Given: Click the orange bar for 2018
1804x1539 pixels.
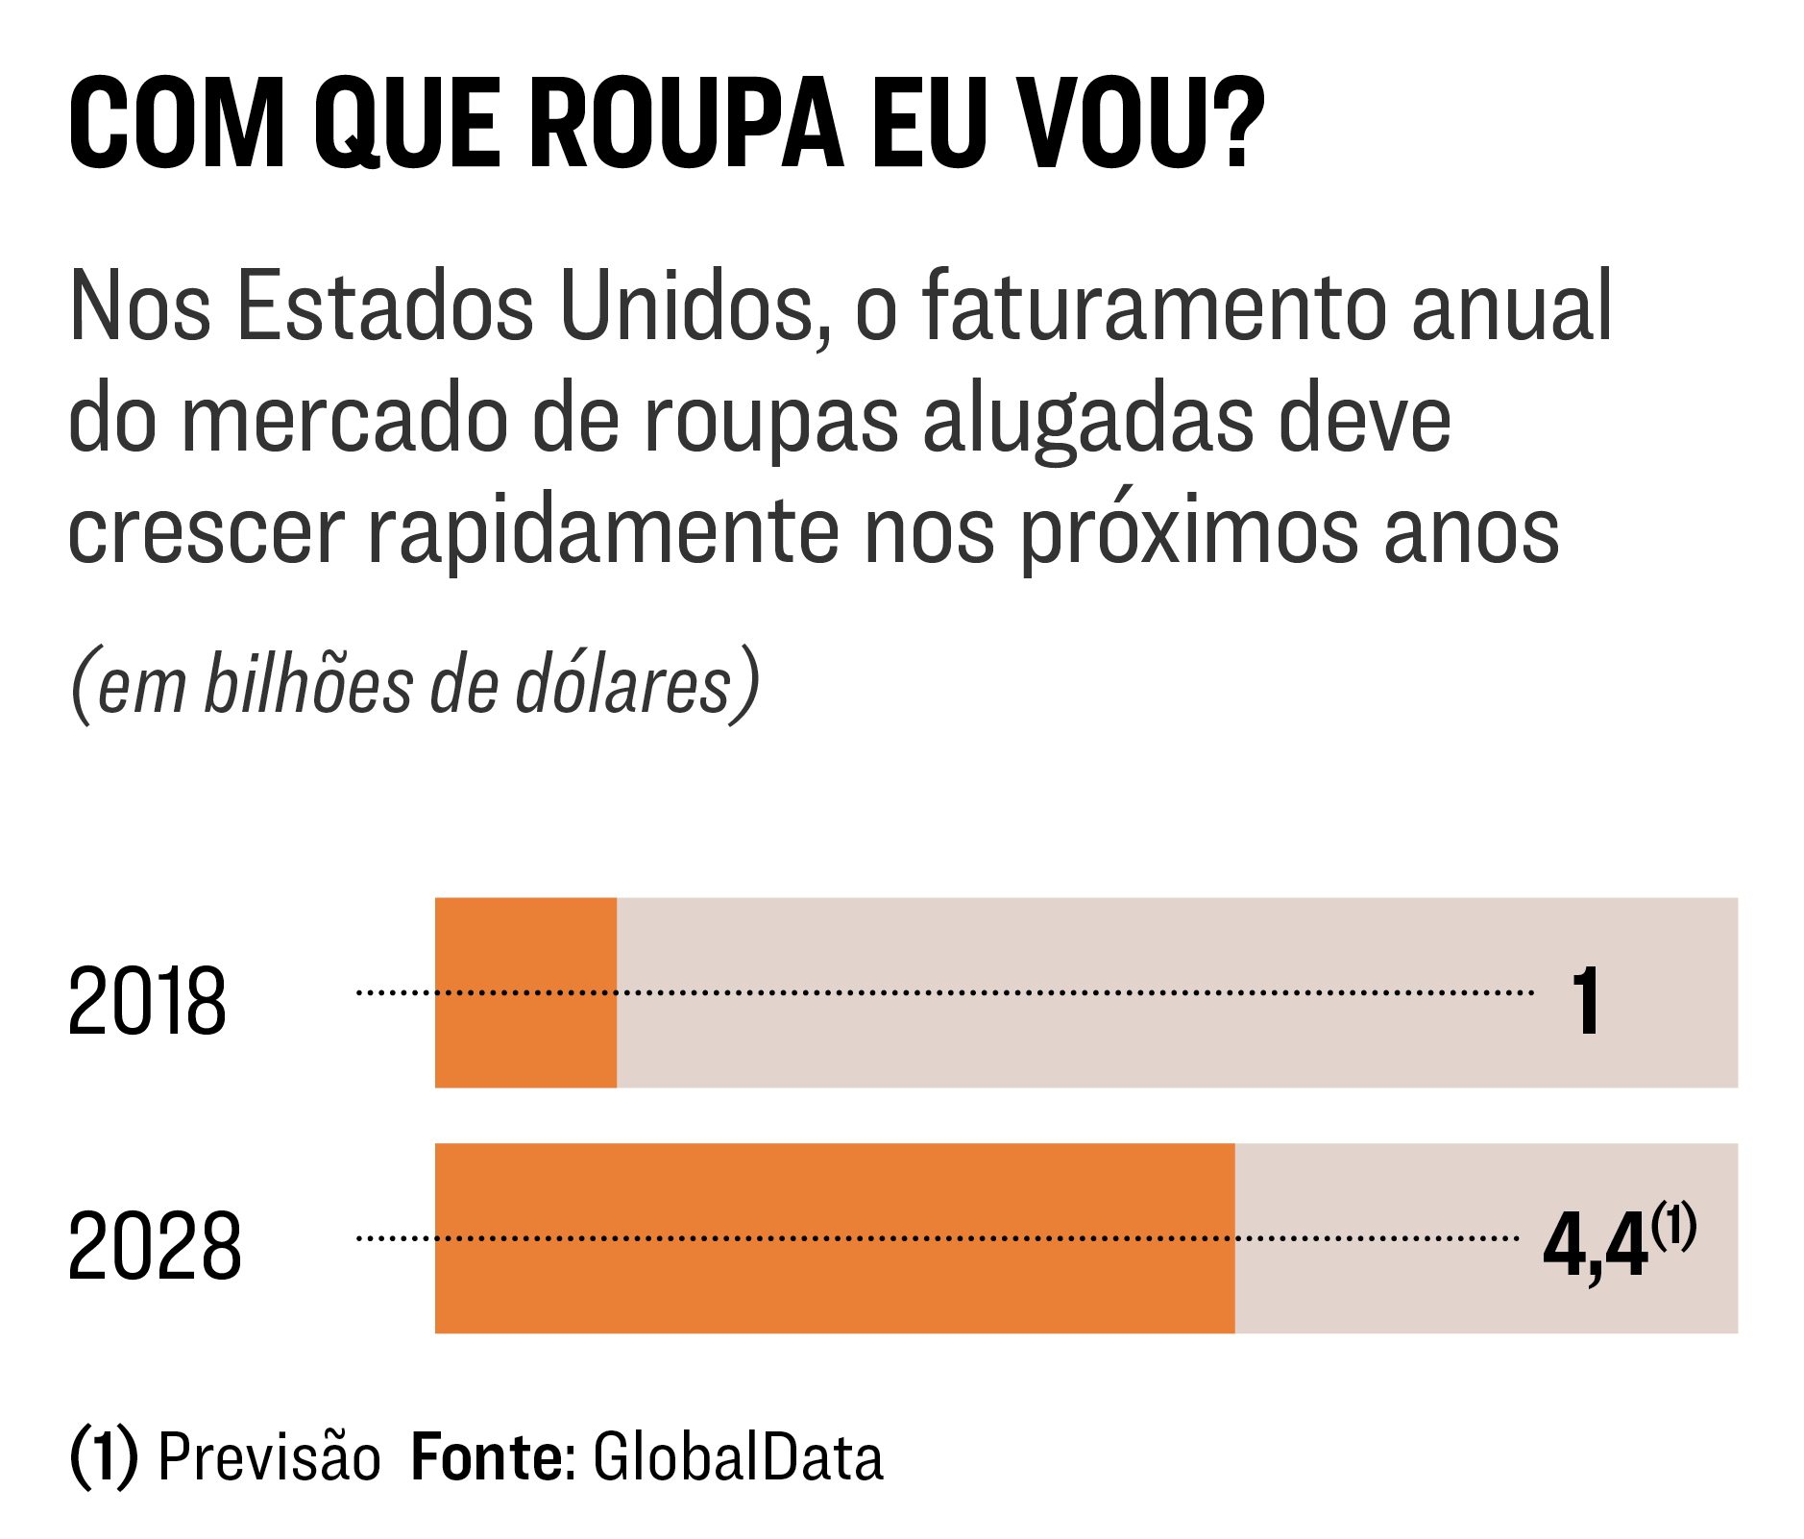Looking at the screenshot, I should [x=525, y=991].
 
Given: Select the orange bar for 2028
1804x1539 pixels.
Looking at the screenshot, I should [x=834, y=1237].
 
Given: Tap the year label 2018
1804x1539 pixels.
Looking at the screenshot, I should [x=147, y=1001].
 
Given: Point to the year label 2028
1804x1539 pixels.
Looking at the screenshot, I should [x=155, y=1246].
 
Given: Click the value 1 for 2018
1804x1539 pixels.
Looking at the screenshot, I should [x=1586, y=1001].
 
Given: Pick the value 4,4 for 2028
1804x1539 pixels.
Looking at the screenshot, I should [x=1594, y=1246].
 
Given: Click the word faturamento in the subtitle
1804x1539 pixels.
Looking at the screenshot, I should [x=1153, y=306].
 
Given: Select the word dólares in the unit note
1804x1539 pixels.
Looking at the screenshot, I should [x=623, y=684].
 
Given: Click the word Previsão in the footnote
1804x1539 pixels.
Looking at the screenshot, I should [x=269, y=1457].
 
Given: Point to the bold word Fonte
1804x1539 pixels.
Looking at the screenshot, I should [x=486, y=1457].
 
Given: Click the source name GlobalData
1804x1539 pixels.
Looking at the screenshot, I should [x=738, y=1457].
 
